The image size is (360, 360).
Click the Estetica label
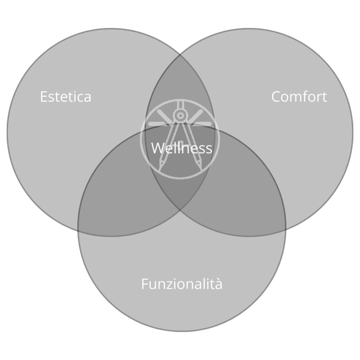coord(66,96)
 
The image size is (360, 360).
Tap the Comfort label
coord(299,96)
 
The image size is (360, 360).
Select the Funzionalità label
coord(182,284)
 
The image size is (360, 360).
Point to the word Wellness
coord(182,148)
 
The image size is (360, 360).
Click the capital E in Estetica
coord(44,97)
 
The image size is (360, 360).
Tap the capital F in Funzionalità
coord(145,284)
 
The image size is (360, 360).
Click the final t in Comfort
coord(324,97)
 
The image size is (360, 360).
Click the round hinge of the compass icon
coord(180,115)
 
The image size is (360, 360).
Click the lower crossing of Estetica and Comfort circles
coord(180,210)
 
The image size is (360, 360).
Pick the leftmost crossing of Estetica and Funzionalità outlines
coord(78,230)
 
